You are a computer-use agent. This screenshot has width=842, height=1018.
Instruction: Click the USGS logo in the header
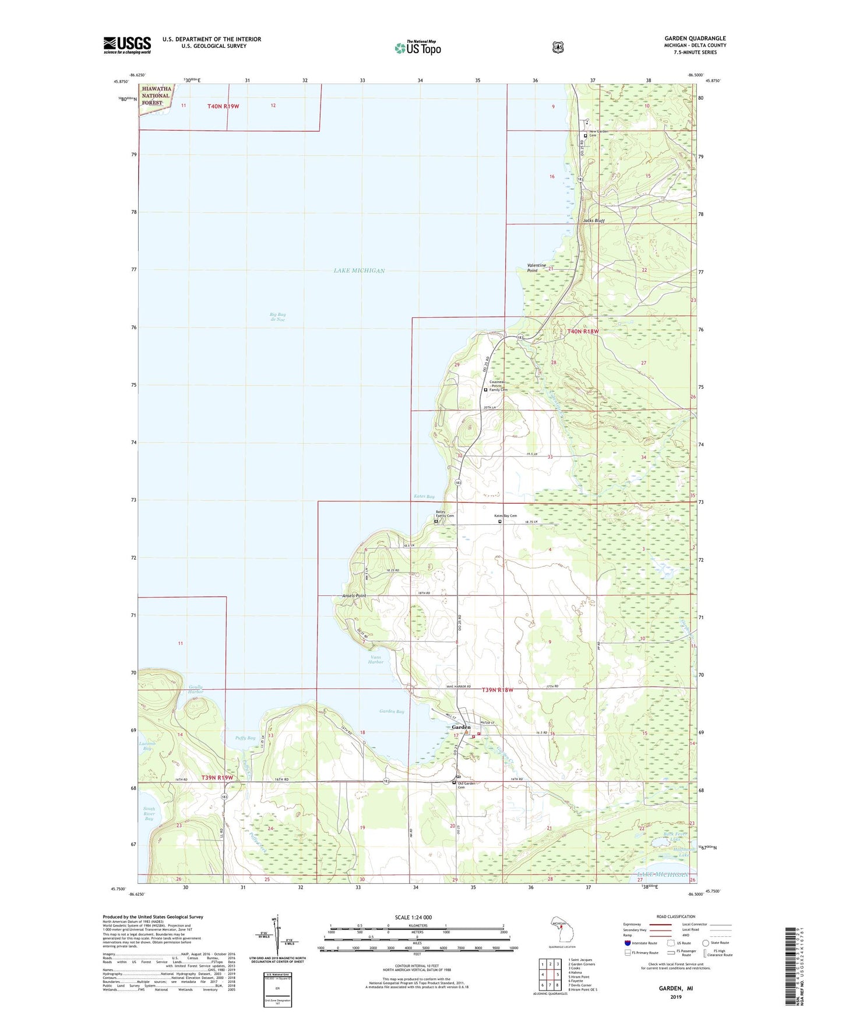tap(127, 44)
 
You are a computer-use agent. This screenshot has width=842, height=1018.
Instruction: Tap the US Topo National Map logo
tap(417, 48)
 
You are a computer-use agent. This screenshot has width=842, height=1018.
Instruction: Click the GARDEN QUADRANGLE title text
tap(695, 38)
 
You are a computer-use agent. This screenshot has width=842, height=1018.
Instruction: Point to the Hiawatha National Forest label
tap(156, 96)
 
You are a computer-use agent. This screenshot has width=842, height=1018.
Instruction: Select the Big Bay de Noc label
tap(277, 317)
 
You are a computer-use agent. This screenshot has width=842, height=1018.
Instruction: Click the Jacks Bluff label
tap(594, 221)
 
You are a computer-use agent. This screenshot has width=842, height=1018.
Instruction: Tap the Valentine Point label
tap(536, 268)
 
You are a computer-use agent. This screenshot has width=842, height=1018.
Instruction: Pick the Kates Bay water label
tap(424, 497)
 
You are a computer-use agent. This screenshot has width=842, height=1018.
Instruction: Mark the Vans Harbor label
tap(376, 659)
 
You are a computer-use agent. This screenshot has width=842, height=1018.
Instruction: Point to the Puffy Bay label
tap(245, 738)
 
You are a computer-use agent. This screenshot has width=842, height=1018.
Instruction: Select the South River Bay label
tap(149, 814)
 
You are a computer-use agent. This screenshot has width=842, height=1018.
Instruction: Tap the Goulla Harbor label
tap(196, 689)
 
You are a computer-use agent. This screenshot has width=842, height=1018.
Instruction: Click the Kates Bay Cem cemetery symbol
tap(499, 522)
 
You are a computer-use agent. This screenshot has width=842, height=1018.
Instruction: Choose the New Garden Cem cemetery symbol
tap(586, 136)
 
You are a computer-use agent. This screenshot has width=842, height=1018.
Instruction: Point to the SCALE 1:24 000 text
tap(413, 917)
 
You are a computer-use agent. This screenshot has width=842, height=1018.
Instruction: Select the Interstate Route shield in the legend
tap(627, 959)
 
